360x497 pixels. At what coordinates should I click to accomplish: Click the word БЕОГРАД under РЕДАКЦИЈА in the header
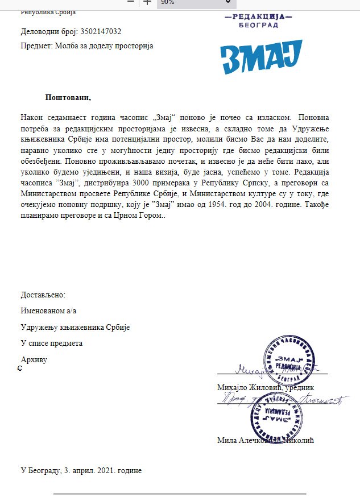tap(259, 26)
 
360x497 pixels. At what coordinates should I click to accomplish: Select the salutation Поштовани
tap(68, 97)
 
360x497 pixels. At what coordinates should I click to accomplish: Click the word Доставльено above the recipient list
tap(43, 295)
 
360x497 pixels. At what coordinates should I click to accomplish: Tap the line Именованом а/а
tap(48, 311)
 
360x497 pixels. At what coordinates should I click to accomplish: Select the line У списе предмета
tap(52, 343)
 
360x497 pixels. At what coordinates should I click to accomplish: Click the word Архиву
tap(34, 360)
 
